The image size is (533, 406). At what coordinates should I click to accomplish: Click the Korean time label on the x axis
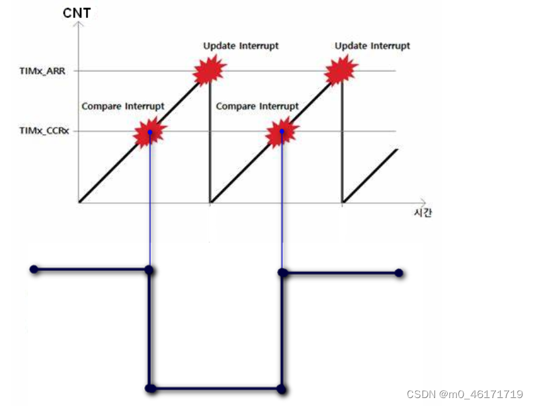422,213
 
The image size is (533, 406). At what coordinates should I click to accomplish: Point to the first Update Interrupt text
241,46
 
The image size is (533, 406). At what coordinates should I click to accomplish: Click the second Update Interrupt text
372,46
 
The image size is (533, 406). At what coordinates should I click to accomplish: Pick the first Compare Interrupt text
123,106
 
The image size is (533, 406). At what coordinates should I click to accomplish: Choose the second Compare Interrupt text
257,106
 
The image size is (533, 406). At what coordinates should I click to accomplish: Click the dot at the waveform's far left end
33,270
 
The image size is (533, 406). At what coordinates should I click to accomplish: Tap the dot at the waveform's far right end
399,272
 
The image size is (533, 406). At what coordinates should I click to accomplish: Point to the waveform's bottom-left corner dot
150,388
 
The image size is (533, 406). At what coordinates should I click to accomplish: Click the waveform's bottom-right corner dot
282,388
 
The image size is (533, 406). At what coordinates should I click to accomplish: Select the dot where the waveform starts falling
149,270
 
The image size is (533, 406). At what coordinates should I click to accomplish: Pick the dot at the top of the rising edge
282,272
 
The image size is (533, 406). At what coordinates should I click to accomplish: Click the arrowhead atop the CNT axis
79,25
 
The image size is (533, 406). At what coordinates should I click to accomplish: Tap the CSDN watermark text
464,394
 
